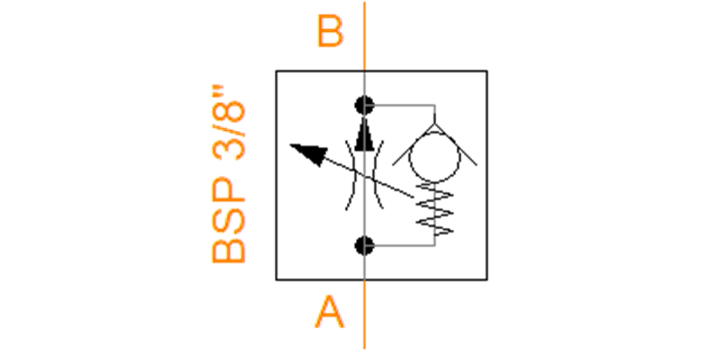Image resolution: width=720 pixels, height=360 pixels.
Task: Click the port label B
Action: [330, 31]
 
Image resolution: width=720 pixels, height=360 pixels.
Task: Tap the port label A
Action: [329, 312]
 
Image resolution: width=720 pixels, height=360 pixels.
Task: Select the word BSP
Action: [229, 220]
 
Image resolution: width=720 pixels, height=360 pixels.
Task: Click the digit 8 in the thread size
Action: [229, 111]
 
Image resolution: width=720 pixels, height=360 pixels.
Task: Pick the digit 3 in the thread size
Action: [229, 149]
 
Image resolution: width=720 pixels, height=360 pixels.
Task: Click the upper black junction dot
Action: [365, 105]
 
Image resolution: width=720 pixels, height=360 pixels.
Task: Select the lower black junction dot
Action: [365, 246]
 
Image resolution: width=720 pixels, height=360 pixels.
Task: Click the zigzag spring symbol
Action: [434, 209]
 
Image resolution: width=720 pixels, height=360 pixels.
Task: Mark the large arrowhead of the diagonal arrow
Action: [310, 154]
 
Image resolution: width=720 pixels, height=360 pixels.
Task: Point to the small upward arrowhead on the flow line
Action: [365, 134]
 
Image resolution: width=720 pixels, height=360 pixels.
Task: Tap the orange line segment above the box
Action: [365, 36]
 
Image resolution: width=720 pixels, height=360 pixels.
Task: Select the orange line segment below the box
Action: [365, 314]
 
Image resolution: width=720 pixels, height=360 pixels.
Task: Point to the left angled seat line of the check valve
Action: [413, 145]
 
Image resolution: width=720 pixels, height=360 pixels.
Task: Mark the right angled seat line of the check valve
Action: [456, 145]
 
